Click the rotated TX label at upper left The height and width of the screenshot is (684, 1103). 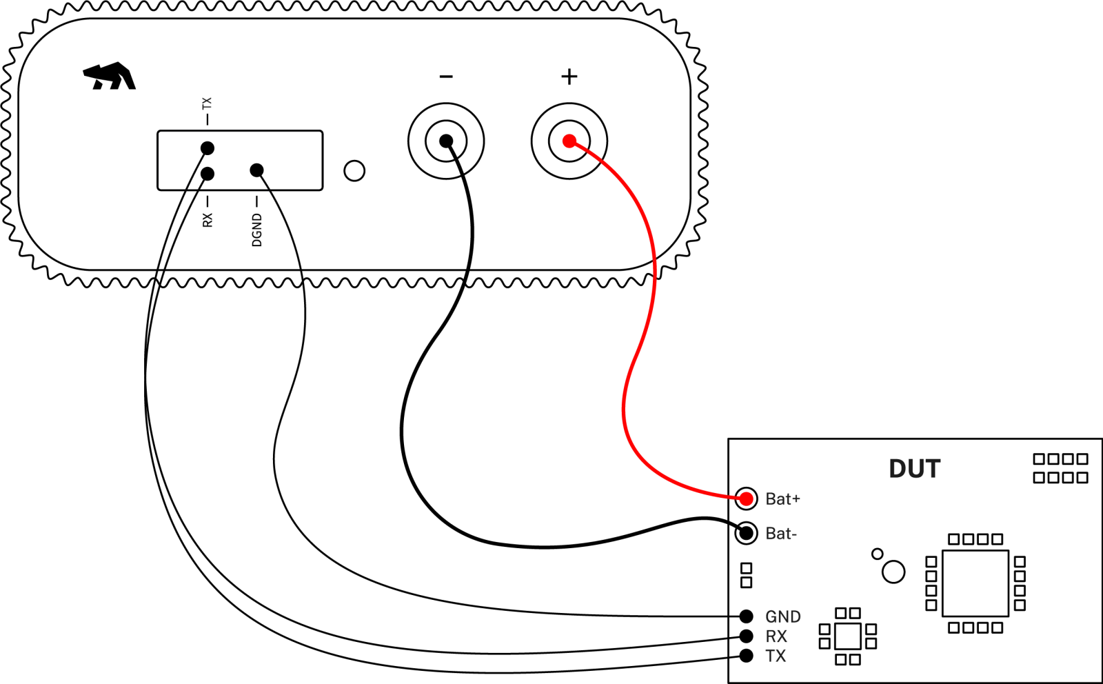207,103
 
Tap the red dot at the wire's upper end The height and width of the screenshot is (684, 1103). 569,141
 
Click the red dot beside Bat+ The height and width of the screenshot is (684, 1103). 746,499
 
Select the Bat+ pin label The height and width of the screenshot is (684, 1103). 782,499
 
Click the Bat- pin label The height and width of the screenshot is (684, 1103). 781,533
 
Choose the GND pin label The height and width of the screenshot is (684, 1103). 783,616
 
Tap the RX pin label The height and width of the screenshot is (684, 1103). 776,636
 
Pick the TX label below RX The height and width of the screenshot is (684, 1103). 776,655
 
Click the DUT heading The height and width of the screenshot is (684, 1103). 914,469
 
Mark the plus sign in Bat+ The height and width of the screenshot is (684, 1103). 796,499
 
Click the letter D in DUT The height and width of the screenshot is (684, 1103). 898,469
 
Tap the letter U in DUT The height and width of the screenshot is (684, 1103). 915,469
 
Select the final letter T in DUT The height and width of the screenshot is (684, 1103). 932,469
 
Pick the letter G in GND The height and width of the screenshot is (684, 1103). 771,616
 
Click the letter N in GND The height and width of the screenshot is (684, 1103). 783,616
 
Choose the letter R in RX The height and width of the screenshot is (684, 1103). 771,636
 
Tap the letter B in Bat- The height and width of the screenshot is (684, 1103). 771,533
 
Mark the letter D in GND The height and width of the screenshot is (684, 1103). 795,616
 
